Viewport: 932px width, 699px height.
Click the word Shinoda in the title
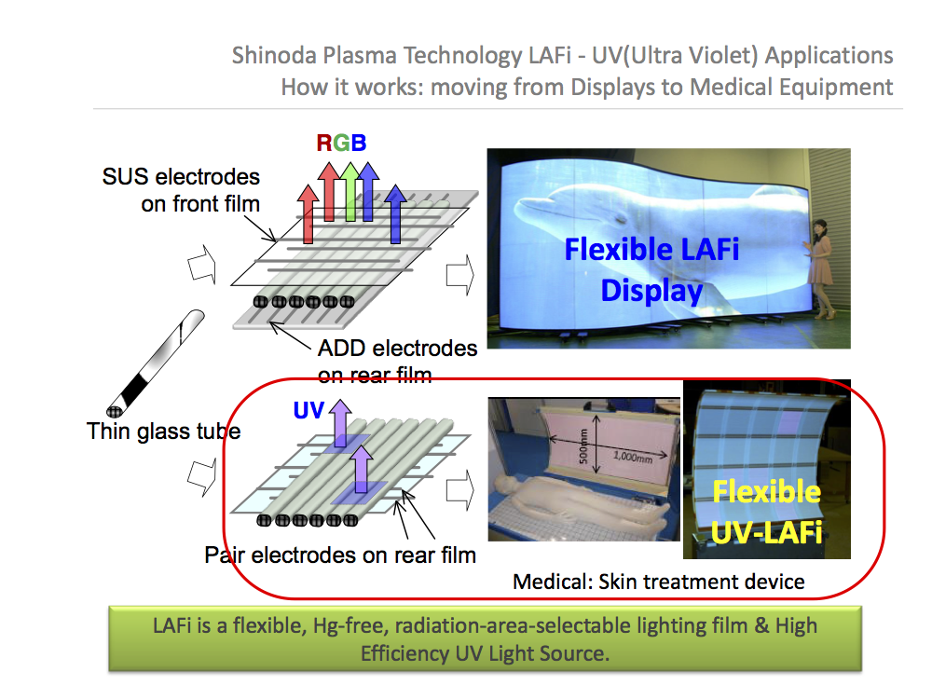click(x=274, y=55)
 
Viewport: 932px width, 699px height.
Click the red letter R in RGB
click(x=324, y=143)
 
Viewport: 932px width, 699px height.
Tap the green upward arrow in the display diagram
click(x=350, y=191)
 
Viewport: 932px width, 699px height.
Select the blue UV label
click(x=308, y=410)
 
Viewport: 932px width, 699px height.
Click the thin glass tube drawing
click(x=155, y=363)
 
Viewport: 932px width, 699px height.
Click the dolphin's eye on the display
click(x=623, y=219)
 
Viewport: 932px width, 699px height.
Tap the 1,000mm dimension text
click(x=633, y=458)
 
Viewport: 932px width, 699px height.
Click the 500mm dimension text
click(x=583, y=445)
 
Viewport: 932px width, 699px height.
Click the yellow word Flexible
click(x=767, y=492)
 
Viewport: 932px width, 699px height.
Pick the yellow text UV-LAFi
click(x=767, y=532)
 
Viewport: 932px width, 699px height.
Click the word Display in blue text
click(x=652, y=291)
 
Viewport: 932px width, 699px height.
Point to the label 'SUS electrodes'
click(x=181, y=176)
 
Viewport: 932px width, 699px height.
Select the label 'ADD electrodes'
click(x=398, y=349)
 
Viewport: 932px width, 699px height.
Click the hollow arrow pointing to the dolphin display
click(x=460, y=275)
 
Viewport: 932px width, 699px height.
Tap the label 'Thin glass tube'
click(x=163, y=431)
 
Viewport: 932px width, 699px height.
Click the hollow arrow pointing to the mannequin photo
click(x=460, y=490)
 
